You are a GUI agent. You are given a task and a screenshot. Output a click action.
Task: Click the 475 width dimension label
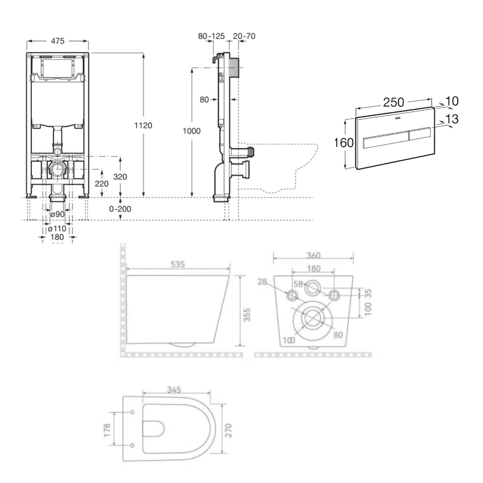click(57, 41)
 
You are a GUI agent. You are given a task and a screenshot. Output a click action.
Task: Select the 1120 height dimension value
click(143, 125)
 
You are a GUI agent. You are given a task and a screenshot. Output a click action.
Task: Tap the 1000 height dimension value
click(192, 130)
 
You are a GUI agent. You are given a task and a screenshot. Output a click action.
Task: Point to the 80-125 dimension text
click(212, 36)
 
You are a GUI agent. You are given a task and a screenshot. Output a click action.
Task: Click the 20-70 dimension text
click(244, 36)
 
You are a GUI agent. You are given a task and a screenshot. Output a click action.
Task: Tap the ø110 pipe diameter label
click(57, 228)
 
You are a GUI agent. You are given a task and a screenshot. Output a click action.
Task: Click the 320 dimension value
click(120, 177)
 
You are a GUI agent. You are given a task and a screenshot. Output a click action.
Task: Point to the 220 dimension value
click(102, 184)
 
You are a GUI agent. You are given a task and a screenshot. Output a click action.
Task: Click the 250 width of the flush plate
click(394, 102)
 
